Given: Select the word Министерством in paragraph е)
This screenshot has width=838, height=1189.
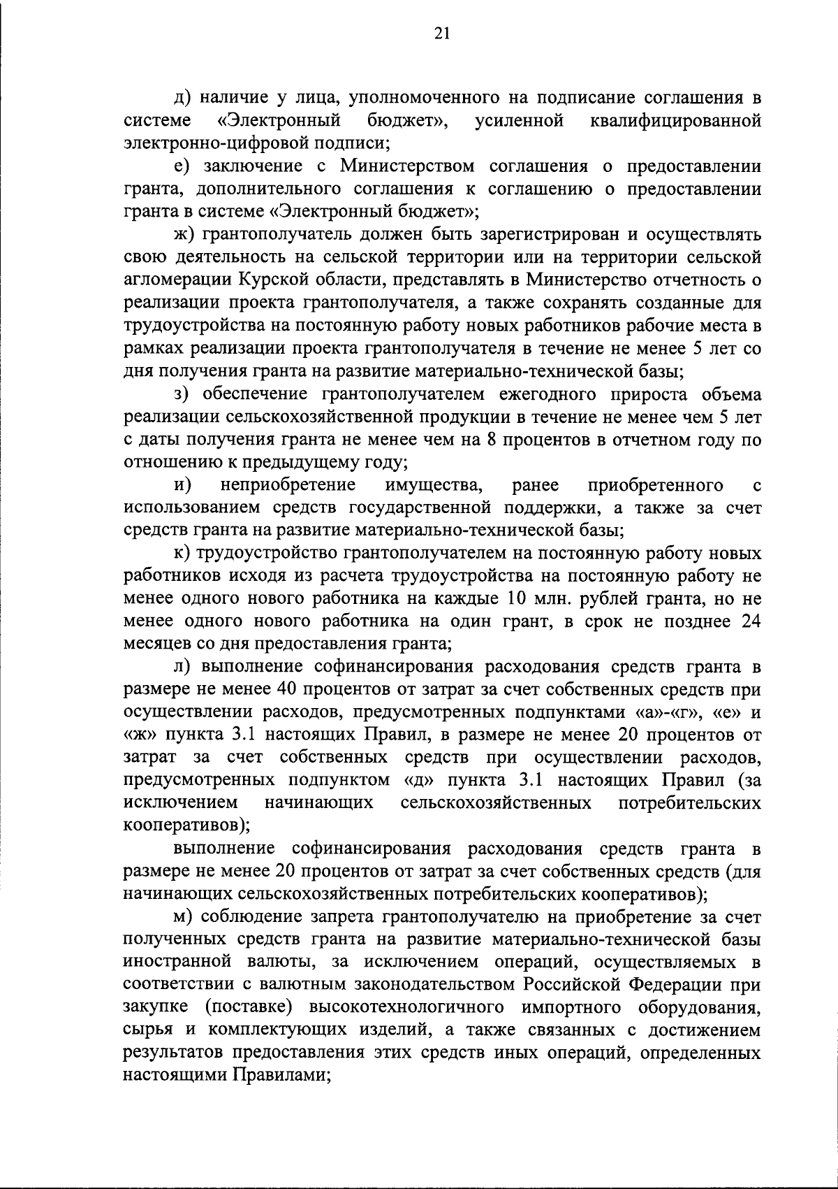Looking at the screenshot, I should point(395,167).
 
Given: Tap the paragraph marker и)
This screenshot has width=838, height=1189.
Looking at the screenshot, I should point(184,485).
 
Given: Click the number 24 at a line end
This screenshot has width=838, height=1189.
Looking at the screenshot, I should point(748,622).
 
